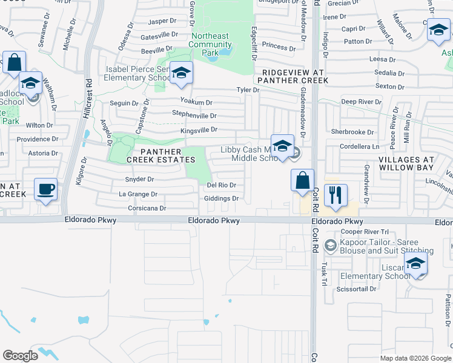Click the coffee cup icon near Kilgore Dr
tap(45, 189)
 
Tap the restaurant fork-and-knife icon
tap(336, 195)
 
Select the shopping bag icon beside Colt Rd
tap(302, 180)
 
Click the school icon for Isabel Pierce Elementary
tap(180, 73)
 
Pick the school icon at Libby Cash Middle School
tap(282, 146)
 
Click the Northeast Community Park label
tap(210, 45)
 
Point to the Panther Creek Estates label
tap(160, 155)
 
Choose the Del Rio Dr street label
tap(221, 185)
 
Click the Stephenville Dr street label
tap(194, 115)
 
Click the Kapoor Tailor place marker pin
tap(330, 246)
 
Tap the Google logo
tap(20, 356)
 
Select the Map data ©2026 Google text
tap(415, 358)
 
